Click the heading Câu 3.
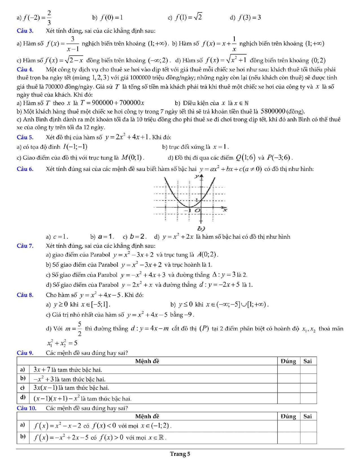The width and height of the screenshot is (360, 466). [x=25, y=31]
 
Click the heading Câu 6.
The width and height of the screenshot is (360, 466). [x=25, y=169]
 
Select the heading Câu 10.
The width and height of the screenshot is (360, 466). [x=27, y=408]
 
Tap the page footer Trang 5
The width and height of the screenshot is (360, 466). [x=180, y=454]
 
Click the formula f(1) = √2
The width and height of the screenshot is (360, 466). [x=188, y=18]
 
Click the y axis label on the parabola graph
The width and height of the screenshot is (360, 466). [x=197, y=176]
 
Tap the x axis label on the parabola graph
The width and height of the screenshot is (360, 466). [x=225, y=210]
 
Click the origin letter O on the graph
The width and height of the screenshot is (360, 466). [x=197, y=210]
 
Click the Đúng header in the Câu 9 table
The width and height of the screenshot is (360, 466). [x=288, y=361]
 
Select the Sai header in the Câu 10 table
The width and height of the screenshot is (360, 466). [x=308, y=416]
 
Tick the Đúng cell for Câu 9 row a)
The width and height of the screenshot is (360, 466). [x=288, y=370]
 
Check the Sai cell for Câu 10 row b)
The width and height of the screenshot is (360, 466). [x=308, y=438]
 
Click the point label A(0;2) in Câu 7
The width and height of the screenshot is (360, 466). [x=207, y=255]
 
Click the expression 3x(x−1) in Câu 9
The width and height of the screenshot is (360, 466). [x=45, y=388]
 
